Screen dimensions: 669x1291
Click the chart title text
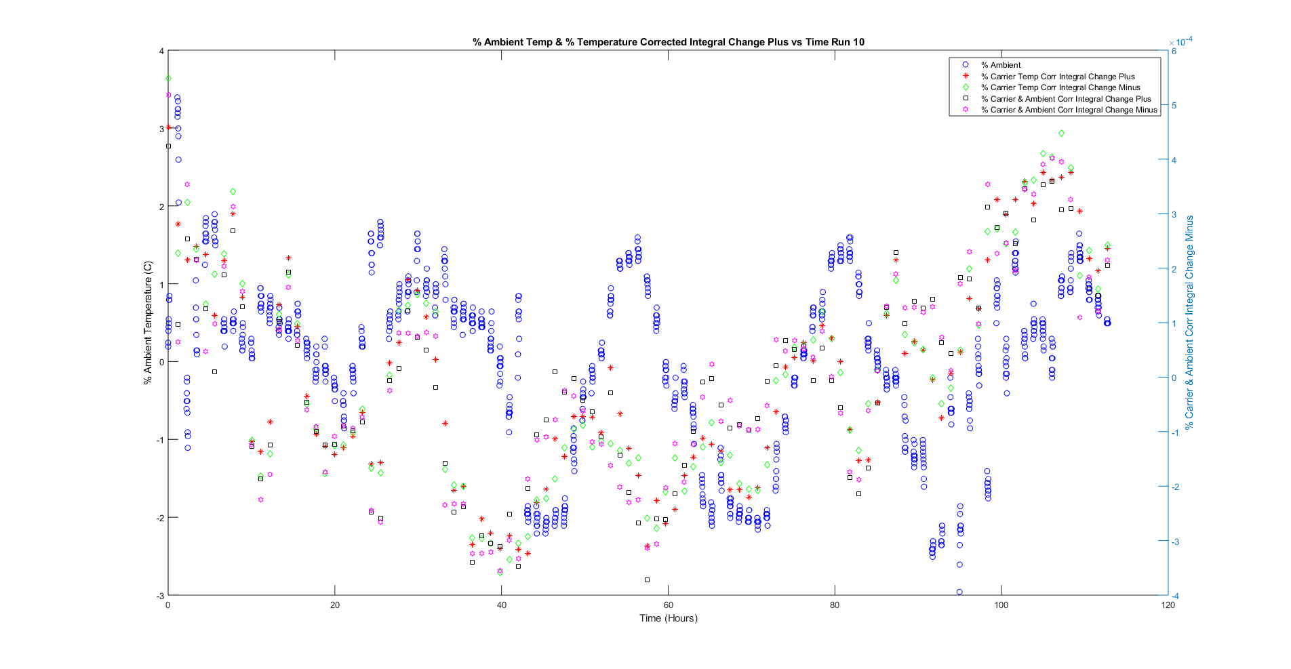(x=668, y=42)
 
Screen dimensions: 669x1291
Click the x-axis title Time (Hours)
(x=668, y=618)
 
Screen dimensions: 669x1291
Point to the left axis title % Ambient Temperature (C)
(x=148, y=323)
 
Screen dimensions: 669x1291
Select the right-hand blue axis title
(x=1189, y=323)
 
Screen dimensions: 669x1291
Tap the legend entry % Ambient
(x=1000, y=65)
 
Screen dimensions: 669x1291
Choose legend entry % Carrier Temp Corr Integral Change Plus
(x=1057, y=77)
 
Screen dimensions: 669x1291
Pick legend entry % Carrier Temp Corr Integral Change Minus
(x=1060, y=87)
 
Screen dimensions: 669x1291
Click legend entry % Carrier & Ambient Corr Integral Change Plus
(x=1065, y=99)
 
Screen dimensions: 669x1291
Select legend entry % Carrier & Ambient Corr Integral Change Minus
(x=1069, y=110)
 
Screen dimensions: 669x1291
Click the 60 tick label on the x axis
(x=668, y=605)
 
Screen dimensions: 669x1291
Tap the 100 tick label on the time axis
(x=1001, y=605)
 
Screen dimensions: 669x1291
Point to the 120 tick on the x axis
(x=1168, y=605)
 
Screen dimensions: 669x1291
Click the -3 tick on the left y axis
(x=161, y=596)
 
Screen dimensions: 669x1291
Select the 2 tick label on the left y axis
(x=161, y=207)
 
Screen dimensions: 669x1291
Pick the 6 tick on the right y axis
(x=1174, y=52)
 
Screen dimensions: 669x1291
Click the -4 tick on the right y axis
(x=1176, y=596)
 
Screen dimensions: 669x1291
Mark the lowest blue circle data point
(x=959, y=592)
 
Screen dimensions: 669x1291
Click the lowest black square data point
(x=647, y=580)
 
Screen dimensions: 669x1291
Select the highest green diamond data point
(x=169, y=79)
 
